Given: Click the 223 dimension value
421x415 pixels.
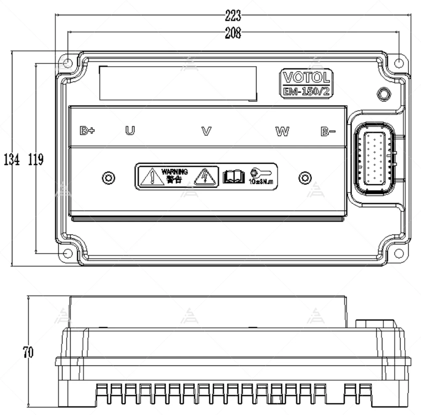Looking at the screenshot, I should (233, 16).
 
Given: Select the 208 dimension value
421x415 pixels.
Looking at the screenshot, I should (233, 33).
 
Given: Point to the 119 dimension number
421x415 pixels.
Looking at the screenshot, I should (36, 160).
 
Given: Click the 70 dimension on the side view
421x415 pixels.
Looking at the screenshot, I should (28, 352).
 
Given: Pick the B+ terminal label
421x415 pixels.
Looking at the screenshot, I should (87, 131).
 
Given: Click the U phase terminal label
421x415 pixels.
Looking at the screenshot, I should (130, 131).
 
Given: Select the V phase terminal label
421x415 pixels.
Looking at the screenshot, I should (206, 131).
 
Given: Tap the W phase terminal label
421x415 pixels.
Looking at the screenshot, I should (282, 131).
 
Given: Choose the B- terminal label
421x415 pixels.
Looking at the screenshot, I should (328, 131).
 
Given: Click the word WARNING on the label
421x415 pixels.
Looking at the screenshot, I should (175, 172).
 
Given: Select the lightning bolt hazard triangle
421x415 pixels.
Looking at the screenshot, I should (205, 177).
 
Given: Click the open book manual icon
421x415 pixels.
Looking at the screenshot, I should (234, 177).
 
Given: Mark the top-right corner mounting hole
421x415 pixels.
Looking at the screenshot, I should (399, 63).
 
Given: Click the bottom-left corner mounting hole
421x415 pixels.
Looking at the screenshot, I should (67, 253).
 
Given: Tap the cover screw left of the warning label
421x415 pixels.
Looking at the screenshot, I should (109, 178).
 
